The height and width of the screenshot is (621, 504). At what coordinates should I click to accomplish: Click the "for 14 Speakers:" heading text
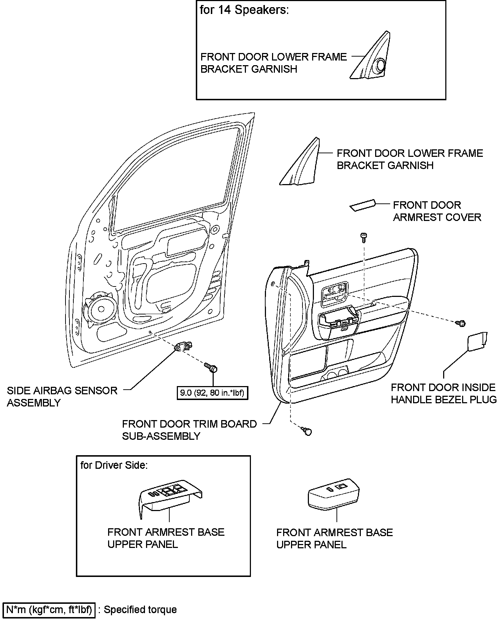coord(244,10)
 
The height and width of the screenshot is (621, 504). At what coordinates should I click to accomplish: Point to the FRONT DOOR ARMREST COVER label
coord(437,211)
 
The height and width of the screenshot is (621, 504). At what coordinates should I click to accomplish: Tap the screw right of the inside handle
coord(461,323)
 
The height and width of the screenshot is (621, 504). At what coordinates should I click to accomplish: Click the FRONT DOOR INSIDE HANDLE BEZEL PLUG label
coord(444,393)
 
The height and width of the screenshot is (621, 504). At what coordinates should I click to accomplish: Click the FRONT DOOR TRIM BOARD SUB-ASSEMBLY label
coord(189,430)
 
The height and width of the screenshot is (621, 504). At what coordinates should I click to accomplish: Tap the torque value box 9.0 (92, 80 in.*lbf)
coord(212,393)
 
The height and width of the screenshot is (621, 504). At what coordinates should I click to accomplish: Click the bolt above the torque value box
coord(211,367)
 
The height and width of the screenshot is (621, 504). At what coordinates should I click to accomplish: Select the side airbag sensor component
coord(183,346)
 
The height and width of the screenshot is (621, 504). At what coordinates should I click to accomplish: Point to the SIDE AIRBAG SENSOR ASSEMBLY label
coord(62,396)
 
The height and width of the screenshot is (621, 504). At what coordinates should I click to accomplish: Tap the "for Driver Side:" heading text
coord(114,465)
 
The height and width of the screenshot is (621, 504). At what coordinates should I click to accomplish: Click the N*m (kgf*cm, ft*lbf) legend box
coord(49,610)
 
